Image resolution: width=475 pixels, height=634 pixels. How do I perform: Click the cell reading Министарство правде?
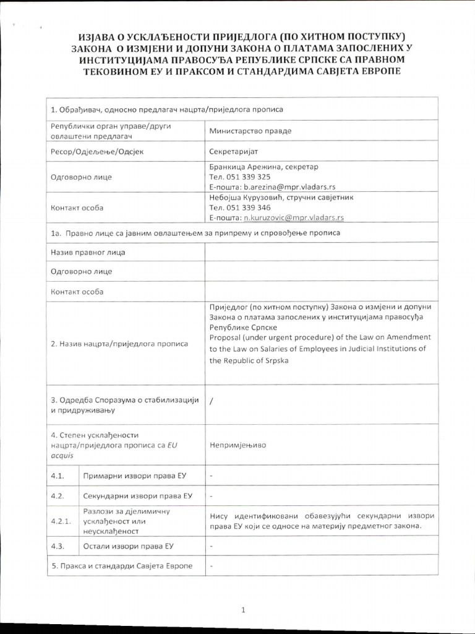(250, 131)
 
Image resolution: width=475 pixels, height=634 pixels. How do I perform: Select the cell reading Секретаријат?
(237, 152)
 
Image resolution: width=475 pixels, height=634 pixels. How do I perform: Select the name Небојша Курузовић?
(244, 198)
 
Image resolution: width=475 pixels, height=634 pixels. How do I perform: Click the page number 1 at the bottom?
(244, 610)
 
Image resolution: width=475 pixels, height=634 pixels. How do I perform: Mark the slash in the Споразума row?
(212, 401)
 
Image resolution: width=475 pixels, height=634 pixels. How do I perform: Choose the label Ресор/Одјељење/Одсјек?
(96, 152)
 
